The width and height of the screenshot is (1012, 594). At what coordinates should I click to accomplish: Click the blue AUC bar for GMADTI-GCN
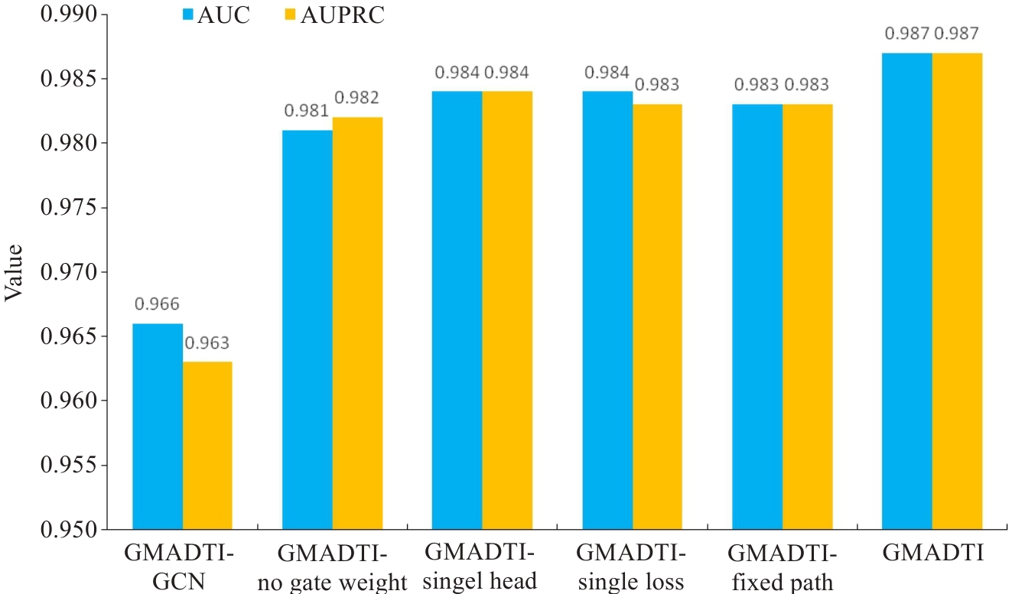pos(158,427)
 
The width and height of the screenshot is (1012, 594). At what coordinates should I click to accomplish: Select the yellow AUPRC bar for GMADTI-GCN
pos(207,446)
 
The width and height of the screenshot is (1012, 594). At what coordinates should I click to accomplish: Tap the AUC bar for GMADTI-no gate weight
pos(308,329)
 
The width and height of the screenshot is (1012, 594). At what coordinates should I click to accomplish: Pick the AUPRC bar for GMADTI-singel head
pos(506,310)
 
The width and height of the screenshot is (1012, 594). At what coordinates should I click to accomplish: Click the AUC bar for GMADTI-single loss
pos(607,310)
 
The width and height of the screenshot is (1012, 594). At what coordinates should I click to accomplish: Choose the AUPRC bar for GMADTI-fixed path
pos(807,316)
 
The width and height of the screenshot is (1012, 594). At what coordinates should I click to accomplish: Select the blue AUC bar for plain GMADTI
pos(906,291)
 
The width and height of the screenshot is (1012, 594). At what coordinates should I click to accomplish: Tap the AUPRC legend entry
pos(336,15)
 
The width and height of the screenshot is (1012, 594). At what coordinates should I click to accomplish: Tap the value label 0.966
pos(158,304)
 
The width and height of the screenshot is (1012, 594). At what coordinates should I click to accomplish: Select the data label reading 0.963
pos(207,342)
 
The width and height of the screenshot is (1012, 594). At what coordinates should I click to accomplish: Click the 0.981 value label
pos(307,111)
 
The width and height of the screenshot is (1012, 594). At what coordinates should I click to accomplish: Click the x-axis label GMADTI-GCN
pos(181,566)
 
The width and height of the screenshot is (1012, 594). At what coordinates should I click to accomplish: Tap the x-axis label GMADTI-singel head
pos(481,566)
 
